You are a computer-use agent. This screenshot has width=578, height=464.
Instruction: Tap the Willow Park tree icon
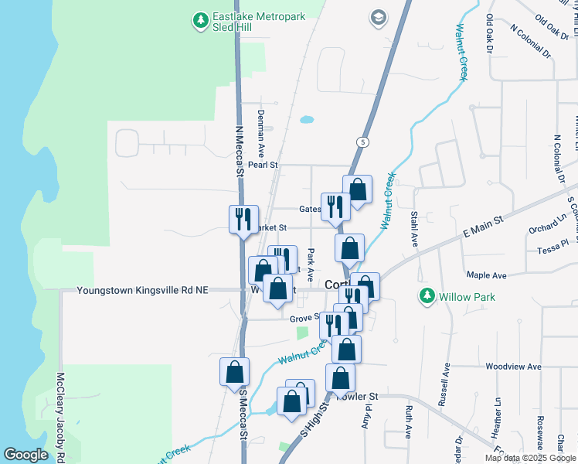427,295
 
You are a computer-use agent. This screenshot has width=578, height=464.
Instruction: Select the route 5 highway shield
362,142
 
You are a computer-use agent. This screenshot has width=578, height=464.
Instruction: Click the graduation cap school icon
378,18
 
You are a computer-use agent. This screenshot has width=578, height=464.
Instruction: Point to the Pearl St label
263,165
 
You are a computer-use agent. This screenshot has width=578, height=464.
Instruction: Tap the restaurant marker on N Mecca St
243,218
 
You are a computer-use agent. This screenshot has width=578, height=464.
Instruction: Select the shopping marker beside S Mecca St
234,372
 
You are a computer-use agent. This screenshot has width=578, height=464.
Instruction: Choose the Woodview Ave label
512,367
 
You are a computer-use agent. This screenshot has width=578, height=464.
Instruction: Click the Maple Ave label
486,275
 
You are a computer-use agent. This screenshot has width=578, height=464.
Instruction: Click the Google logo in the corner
25,455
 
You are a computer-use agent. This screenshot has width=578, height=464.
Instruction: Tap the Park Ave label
310,264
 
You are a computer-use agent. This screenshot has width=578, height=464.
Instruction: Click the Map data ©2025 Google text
530,458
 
